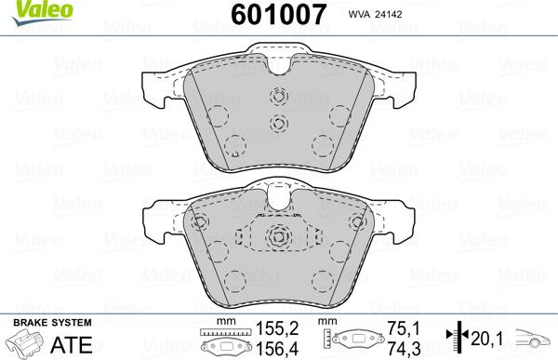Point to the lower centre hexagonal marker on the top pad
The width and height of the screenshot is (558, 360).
click(x=276, y=124)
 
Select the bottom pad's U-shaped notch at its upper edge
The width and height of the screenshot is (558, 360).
click(x=276, y=195)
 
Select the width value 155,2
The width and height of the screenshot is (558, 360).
click(x=276, y=328)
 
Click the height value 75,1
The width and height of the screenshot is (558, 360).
click(x=396, y=328)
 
